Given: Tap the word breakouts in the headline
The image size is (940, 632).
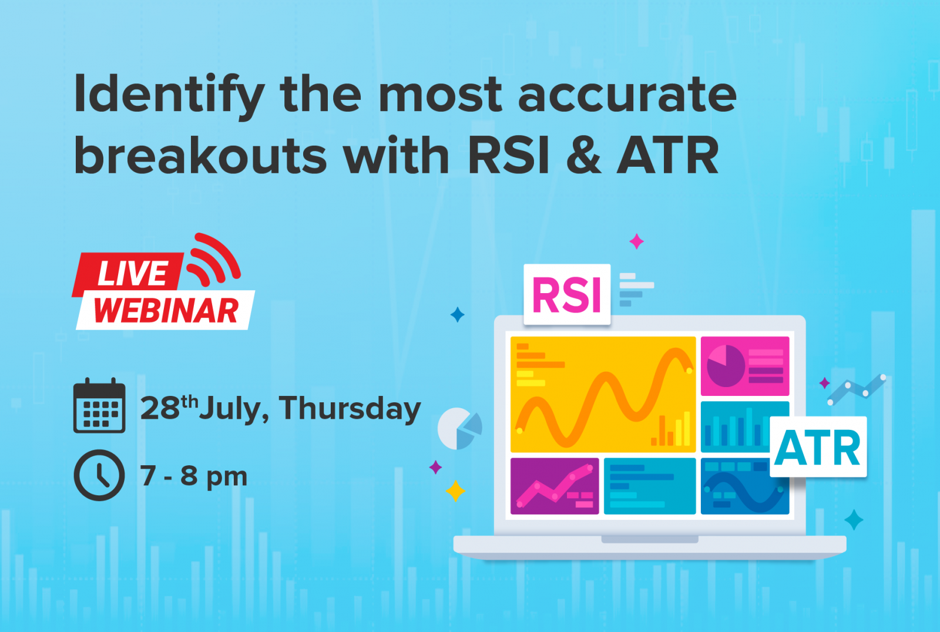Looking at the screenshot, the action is point(200,155).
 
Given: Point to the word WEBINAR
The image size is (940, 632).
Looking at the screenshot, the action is point(166,311).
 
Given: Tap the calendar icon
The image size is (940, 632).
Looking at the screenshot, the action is point(99,405).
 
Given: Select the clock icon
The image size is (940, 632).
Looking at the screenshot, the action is point(99,475).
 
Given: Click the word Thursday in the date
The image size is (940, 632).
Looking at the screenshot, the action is point(350,408).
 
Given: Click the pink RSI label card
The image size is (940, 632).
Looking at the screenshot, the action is point(567,294).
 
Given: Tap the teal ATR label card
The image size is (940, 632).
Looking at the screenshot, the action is point(818,448).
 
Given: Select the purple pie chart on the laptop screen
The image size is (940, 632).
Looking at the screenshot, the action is point(726,366).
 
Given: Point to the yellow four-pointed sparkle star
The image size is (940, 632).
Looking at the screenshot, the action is point(455,491).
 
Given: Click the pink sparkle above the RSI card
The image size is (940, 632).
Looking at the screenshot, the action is point(637,241).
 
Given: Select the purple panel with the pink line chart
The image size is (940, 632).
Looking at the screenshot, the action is point(555,486).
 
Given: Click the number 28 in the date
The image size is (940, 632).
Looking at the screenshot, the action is point(160,408).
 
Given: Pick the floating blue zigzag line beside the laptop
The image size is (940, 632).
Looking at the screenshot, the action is point(857,390).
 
